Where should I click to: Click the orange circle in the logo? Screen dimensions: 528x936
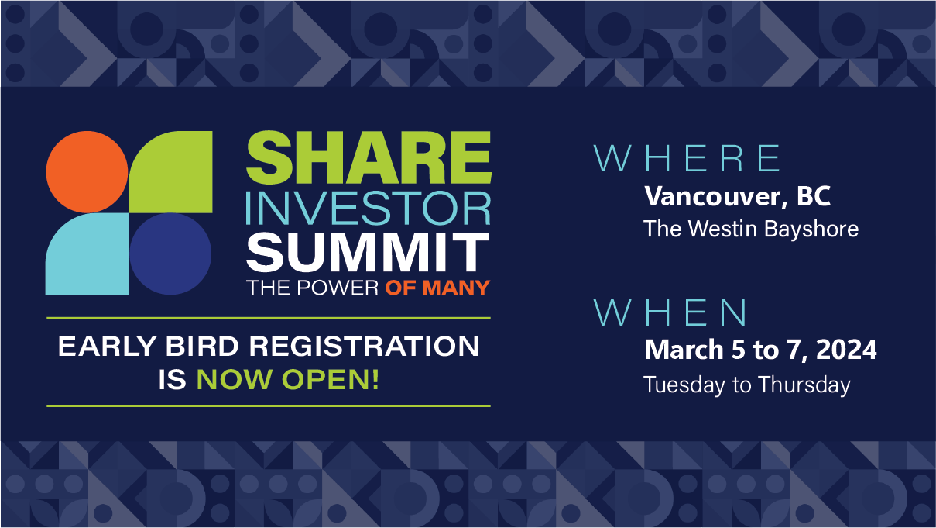pos(87,171)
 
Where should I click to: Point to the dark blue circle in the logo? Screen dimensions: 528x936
pos(170,254)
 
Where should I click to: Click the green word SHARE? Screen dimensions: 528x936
pos(369,158)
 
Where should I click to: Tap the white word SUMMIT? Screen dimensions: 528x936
pos(369,251)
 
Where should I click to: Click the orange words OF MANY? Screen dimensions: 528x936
pos(437,288)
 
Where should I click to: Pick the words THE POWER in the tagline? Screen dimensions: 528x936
pos(313,288)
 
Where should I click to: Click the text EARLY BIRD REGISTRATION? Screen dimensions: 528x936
pos(269,347)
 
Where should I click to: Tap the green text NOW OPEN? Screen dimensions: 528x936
pos(288,380)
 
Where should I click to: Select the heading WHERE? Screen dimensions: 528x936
pos(687,158)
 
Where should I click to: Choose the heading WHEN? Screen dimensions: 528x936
pos(671,312)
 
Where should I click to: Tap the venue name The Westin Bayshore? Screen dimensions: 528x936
pos(750,229)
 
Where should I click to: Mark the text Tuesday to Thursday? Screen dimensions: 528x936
pos(746,385)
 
